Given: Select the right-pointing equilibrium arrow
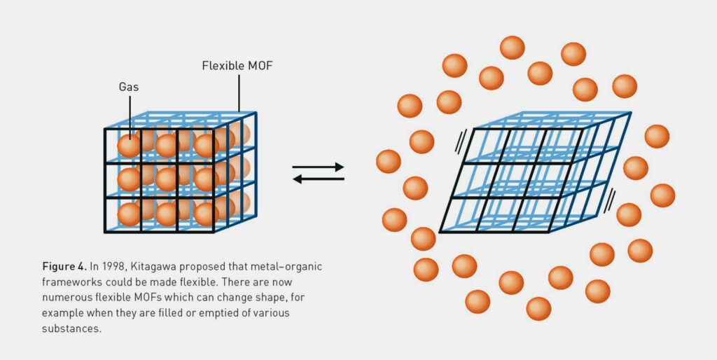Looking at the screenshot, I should [318, 167].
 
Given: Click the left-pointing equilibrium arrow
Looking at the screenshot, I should [318, 179].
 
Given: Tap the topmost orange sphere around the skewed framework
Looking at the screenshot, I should [512, 48].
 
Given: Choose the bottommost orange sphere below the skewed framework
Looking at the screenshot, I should [538, 308].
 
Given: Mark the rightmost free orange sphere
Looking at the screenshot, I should [662, 195].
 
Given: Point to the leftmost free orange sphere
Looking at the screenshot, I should [389, 161].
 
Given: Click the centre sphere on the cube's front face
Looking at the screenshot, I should [167, 179].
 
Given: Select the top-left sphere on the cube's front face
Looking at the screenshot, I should [129, 146].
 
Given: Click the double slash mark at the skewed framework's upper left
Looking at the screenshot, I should [460, 144].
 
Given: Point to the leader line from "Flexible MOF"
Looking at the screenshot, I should [239, 91].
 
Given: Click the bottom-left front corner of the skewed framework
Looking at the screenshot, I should [440, 232].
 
